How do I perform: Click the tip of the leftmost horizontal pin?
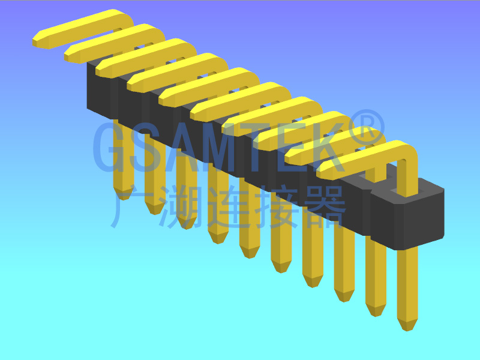[37, 41]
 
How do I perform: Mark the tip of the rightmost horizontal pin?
[322, 172]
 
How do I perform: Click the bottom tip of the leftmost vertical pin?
[124, 194]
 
